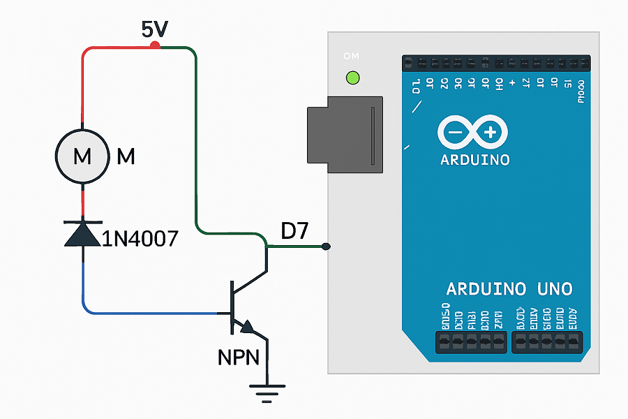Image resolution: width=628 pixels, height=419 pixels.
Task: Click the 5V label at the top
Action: point(155,29)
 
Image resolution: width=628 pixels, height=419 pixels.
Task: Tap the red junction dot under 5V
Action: point(155,46)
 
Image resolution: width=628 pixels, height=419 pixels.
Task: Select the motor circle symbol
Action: point(82,156)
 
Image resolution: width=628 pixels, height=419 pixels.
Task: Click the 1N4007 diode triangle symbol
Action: point(82,233)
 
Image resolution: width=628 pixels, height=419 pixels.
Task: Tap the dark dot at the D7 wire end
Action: point(326,247)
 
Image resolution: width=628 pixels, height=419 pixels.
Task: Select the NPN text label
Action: point(239,358)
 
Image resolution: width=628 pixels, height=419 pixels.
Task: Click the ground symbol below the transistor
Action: point(265,393)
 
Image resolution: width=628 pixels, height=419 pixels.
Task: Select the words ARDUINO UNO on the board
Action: point(509,288)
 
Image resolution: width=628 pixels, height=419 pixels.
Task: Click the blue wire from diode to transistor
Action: point(154,312)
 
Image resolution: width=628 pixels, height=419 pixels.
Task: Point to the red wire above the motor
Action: point(83,84)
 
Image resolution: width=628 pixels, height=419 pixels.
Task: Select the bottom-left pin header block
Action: point(471,341)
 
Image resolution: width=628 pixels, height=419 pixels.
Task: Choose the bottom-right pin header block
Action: point(547,341)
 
